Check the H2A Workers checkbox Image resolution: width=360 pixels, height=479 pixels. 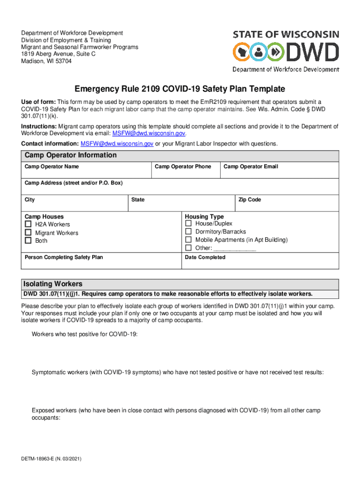pyautogui.click(x=28, y=225)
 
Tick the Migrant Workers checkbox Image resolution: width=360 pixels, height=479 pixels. pyautogui.click(x=28, y=232)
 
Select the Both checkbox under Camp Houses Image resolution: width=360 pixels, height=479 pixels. pyautogui.click(x=28, y=240)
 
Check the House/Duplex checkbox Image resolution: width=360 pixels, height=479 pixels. pyautogui.click(x=188, y=224)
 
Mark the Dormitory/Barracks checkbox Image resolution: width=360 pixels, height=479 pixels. pyautogui.click(x=188, y=232)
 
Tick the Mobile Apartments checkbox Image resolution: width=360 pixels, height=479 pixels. pyautogui.click(x=188, y=239)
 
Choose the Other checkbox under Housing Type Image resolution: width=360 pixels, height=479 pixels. pyautogui.click(x=188, y=247)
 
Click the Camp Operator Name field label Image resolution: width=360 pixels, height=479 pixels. pyautogui.click(x=51, y=167)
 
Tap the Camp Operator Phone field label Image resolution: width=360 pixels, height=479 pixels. pyautogui.click(x=183, y=167)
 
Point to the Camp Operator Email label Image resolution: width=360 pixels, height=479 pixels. pyautogui.click(x=251, y=167)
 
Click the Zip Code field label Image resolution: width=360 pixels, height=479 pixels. pyautogui.click(x=250, y=200)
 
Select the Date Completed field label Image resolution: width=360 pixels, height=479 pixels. pyautogui.click(x=205, y=257)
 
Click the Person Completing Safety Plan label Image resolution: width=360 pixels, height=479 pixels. pyautogui.click(x=64, y=257)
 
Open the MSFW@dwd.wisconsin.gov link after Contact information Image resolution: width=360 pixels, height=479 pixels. pyautogui.click(x=117, y=144)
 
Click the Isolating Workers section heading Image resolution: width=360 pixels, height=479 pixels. pyautogui.click(x=53, y=284)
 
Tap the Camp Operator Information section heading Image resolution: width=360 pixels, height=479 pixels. pyautogui.click(x=71, y=155)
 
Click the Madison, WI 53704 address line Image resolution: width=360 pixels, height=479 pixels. pyautogui.click(x=46, y=61)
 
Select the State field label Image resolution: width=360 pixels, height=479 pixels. pyautogui.click(x=138, y=200)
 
